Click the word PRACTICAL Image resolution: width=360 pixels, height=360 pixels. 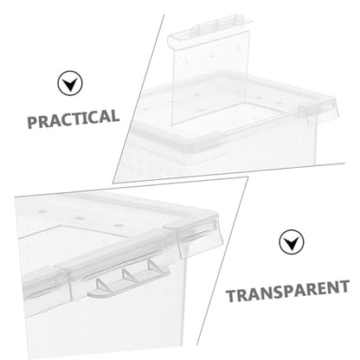pyautogui.click(x=74, y=119)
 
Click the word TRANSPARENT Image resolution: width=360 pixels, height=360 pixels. pyautogui.click(x=287, y=291)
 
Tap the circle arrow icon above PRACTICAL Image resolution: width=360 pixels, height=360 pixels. pyautogui.click(x=70, y=83)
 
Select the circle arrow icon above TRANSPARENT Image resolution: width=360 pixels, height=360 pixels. pyautogui.click(x=292, y=241)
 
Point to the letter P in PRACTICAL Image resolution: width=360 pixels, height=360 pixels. pyautogui.click(x=32, y=122)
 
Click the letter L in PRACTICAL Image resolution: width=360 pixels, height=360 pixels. pyautogui.click(x=114, y=116)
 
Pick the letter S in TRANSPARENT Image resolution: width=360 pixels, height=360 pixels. pyautogui.click(x=276, y=292)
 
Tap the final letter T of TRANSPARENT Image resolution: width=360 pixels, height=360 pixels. pyautogui.click(x=344, y=286)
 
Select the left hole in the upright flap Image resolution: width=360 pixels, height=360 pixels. pyautogui.click(x=185, y=61)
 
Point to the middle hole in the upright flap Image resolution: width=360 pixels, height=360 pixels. pyautogui.click(x=212, y=55)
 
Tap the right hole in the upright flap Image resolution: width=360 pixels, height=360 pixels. pyautogui.click(x=238, y=48)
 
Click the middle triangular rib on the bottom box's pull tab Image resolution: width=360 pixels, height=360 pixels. pyautogui.click(x=129, y=274)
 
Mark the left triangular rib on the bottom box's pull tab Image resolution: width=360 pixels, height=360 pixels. pyautogui.click(x=103, y=285)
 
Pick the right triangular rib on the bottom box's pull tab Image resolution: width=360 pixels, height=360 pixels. pyautogui.click(x=154, y=266)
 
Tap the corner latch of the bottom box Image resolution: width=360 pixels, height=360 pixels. pyautogui.click(x=198, y=237)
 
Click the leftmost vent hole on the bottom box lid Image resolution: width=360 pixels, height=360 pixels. pyautogui.click(x=42, y=211)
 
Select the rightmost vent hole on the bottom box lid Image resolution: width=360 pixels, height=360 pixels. pyautogui.click(x=117, y=225)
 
